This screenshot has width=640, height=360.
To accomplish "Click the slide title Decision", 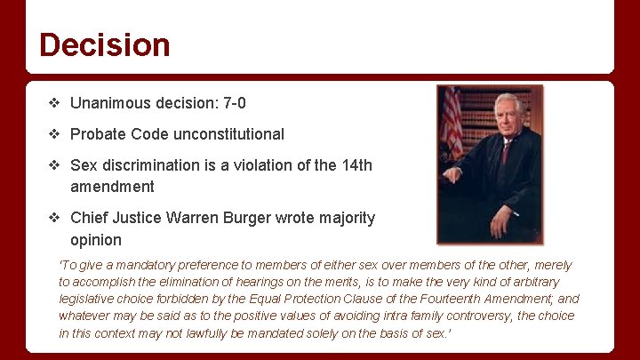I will (x=104, y=44).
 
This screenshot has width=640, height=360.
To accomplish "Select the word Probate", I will (x=98, y=134).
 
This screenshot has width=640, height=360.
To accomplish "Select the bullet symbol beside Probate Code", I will (x=54, y=134).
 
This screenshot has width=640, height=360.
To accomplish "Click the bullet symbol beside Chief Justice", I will (x=54, y=218).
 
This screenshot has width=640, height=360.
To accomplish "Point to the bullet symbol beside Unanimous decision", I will (x=54, y=104).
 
